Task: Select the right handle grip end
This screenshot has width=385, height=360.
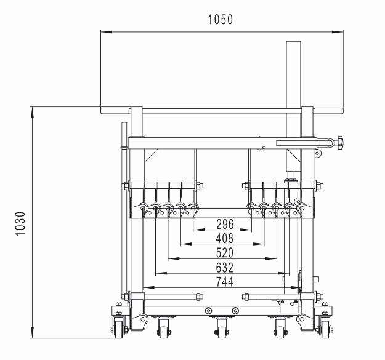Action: tap(329, 111)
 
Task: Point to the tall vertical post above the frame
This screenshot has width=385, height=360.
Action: tap(294, 74)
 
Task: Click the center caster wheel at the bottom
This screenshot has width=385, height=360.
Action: tap(222, 330)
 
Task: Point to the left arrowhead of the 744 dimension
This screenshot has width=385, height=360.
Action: tap(147, 287)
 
